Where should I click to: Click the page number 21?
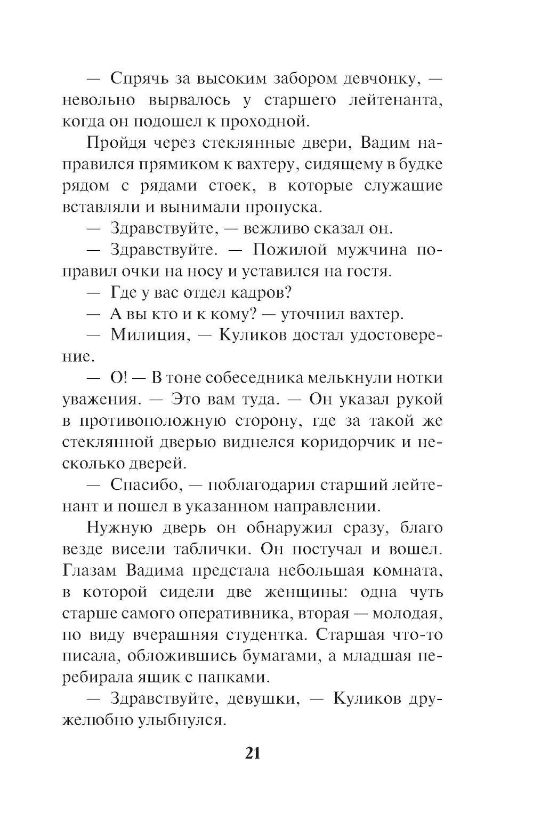pos(253,753)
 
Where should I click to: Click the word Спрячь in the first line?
pos(140,78)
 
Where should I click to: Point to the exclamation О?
pos(117,378)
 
